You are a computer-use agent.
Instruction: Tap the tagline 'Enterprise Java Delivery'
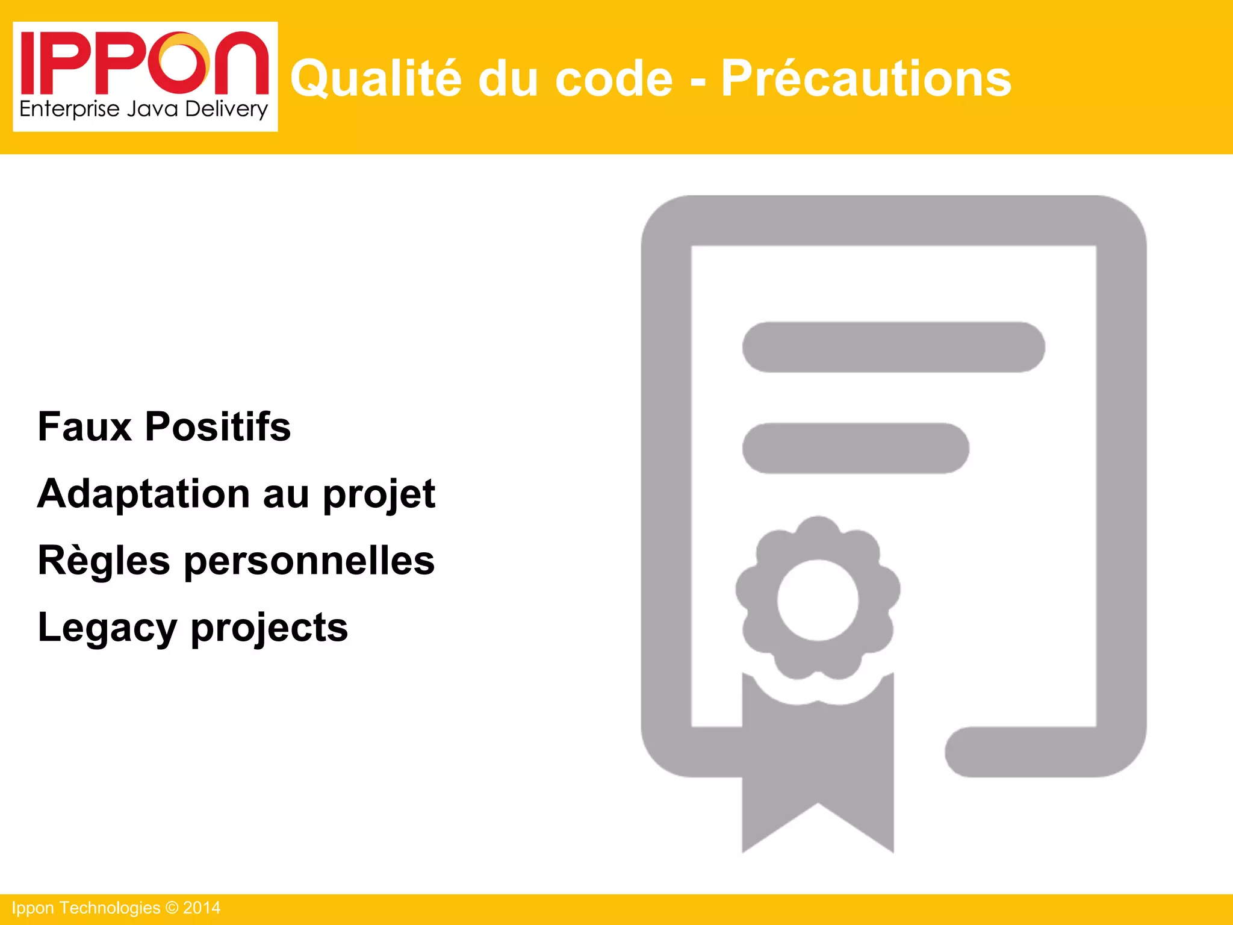[x=143, y=110]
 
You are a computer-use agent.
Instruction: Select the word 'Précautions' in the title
[x=866, y=79]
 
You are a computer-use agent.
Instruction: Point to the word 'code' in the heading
[x=613, y=79]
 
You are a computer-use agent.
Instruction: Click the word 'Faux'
[x=84, y=427]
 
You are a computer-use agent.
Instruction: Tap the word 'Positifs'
[x=218, y=427]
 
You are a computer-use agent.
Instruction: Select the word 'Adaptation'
[x=143, y=494]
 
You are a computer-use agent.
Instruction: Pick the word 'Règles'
[x=104, y=561]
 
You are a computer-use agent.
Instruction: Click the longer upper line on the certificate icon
[x=893, y=347]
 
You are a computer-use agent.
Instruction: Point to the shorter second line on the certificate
[x=856, y=449]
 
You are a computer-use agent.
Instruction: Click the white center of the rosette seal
[x=818, y=600]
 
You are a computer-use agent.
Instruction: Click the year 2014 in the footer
[x=202, y=908]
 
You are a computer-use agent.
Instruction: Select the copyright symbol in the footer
[x=172, y=908]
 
